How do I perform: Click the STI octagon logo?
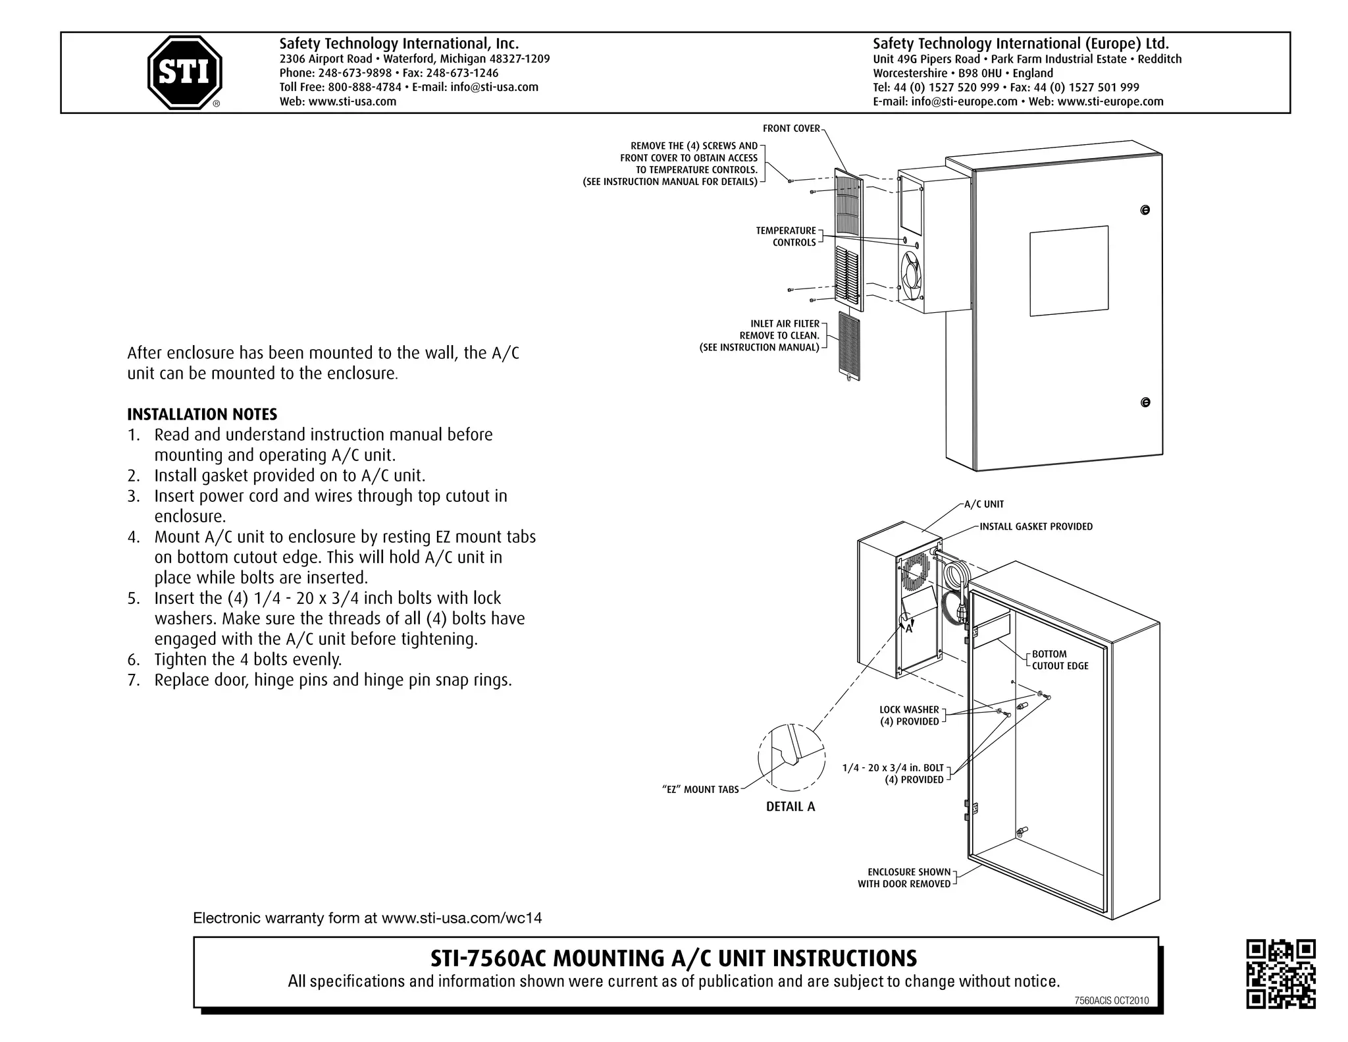(x=184, y=72)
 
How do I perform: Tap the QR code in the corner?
(x=1280, y=973)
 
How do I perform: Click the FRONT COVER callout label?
(x=791, y=128)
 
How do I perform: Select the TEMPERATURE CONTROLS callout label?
(x=786, y=236)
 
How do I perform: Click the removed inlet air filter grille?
(x=849, y=346)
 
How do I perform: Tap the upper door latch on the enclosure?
(x=1145, y=210)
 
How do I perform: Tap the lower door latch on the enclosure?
(x=1145, y=402)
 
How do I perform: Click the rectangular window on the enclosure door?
(x=1068, y=271)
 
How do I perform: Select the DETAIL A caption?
(x=790, y=807)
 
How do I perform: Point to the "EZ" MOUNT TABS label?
(x=700, y=790)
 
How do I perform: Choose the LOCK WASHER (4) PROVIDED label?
(x=909, y=715)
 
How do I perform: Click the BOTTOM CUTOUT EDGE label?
(x=1060, y=660)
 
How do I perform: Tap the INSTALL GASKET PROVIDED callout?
(x=1035, y=526)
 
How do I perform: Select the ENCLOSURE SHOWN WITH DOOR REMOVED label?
(x=904, y=878)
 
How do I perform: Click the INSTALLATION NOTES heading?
(x=202, y=414)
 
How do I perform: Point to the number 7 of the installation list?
(x=134, y=680)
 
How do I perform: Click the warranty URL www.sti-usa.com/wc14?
(x=461, y=918)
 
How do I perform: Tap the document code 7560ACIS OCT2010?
(x=1111, y=1001)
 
